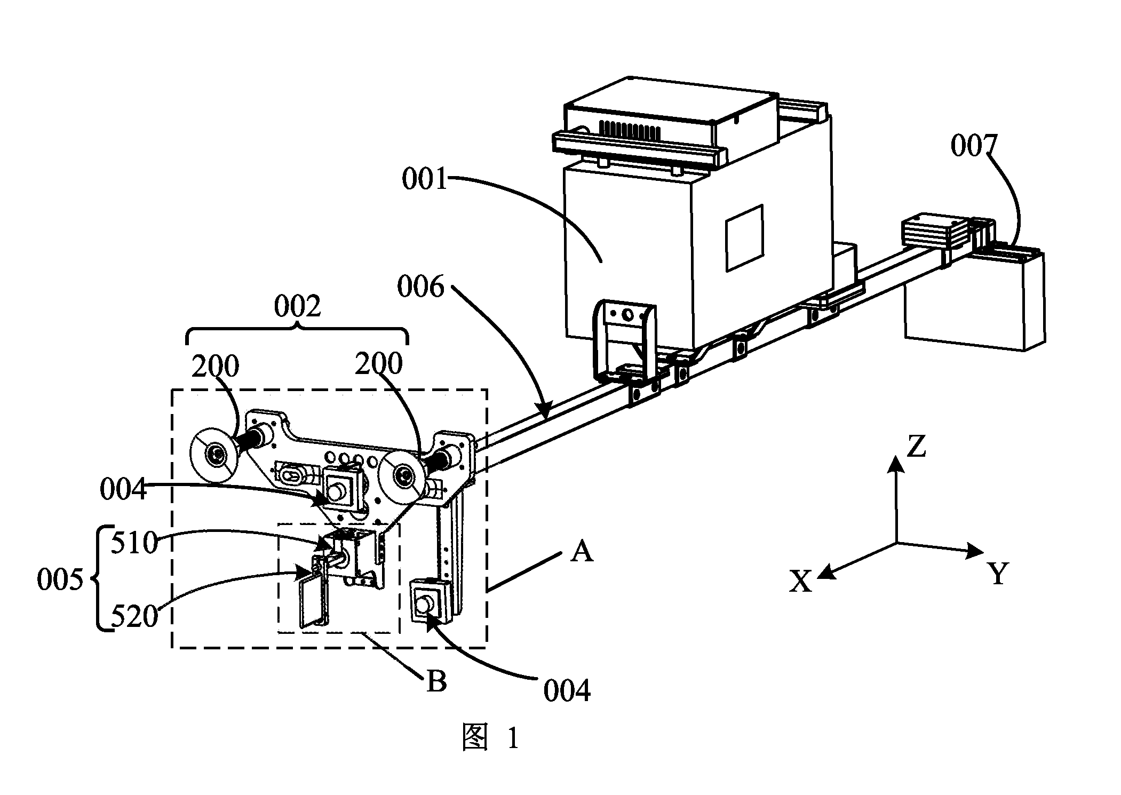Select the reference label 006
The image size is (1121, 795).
click(x=420, y=287)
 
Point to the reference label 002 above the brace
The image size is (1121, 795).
click(x=297, y=306)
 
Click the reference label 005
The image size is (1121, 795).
click(x=60, y=579)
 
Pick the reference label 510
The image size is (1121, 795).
click(x=134, y=543)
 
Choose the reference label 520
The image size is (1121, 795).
click(x=134, y=617)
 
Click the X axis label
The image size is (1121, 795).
click(x=800, y=582)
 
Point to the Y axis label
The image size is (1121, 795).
click(x=998, y=574)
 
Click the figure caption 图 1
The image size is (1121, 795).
click(x=489, y=738)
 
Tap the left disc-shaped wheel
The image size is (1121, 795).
click(x=215, y=455)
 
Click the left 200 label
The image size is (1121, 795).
click(x=215, y=367)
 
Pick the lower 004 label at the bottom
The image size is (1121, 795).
click(x=567, y=691)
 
